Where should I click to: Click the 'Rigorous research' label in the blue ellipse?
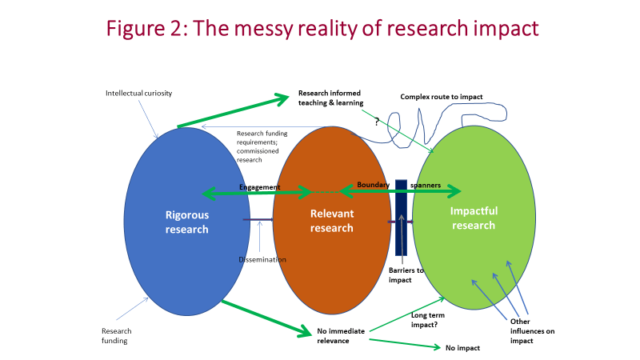[186, 222]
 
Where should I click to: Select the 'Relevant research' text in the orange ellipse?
[332, 220]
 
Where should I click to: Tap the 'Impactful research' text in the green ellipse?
[474, 218]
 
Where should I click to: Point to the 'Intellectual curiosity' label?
[139, 94]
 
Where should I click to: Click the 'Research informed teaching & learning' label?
[330, 98]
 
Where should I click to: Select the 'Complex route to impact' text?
[442, 97]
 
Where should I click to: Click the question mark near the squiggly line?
[377, 122]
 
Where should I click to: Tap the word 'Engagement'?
[260, 187]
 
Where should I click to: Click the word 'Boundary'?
[374, 185]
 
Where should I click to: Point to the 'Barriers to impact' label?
[406, 275]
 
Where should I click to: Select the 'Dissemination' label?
[262, 259]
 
